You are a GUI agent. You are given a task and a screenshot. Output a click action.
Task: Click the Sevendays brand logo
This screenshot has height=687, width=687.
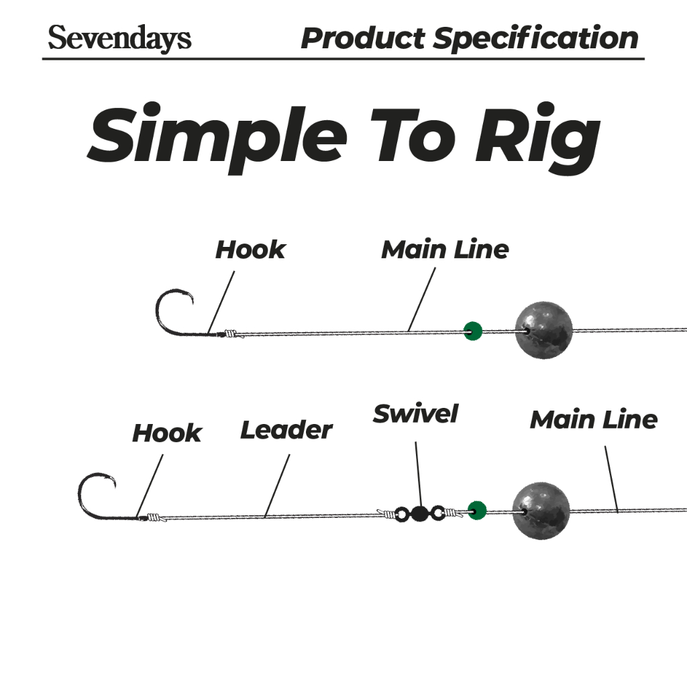point(119,38)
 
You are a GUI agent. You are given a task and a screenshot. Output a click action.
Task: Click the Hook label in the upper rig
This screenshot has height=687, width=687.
point(250,250)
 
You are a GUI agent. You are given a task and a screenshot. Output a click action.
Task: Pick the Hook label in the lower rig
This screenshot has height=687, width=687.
point(166,433)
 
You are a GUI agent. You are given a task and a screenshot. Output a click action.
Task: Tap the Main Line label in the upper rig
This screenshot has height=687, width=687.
point(445,250)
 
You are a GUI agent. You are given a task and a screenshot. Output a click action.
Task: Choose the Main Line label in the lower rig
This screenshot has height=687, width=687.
point(593,420)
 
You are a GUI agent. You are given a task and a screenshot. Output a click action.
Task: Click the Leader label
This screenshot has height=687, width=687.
point(286,430)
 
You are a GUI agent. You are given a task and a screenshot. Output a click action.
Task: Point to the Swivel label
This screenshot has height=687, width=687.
point(415,413)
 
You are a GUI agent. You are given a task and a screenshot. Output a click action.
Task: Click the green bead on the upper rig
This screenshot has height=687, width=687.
point(473,331)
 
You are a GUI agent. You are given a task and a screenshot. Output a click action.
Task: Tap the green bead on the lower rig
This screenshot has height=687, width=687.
point(476,511)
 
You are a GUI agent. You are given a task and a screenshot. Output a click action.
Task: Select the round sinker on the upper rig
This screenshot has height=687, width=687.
point(544,329)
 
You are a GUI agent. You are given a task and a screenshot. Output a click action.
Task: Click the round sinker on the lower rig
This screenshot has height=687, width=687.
point(541,510)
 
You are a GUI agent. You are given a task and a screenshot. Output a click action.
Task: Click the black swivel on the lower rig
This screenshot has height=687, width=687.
point(419,515)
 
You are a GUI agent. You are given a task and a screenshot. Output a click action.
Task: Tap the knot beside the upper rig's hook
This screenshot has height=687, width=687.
point(230,333)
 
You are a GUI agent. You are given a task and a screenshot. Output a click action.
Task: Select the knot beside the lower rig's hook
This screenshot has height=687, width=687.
point(154,517)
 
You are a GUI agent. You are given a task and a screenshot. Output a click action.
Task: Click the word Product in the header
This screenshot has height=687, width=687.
point(362,38)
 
